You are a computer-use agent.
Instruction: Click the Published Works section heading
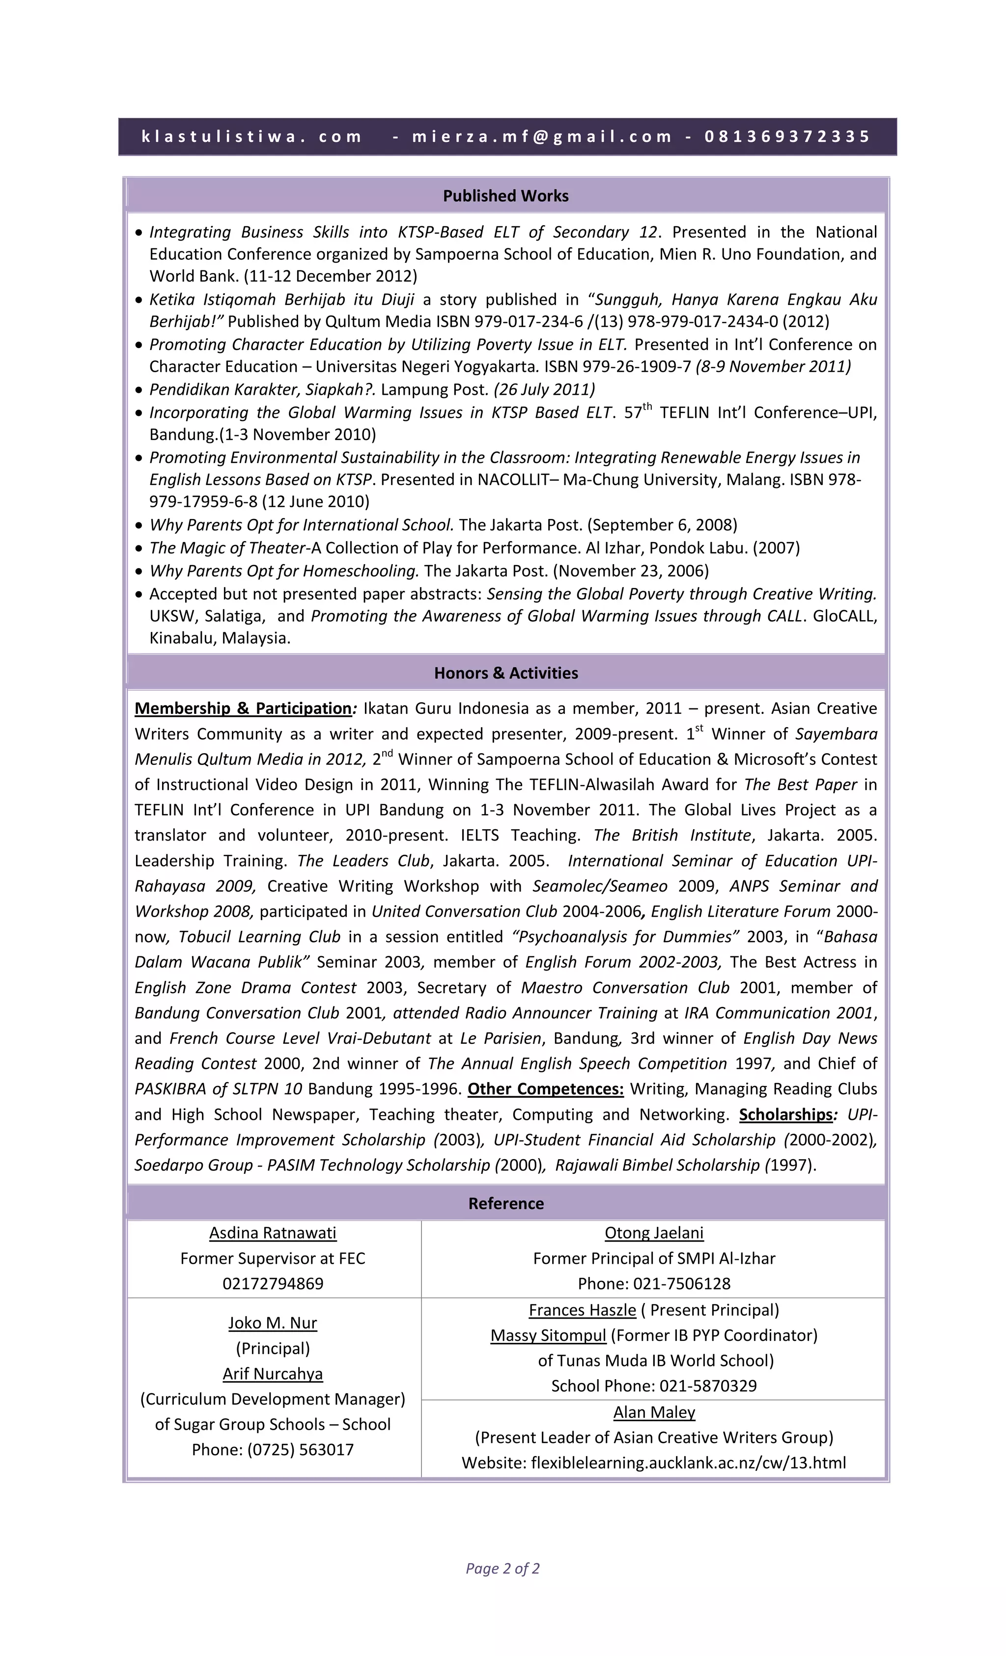(505, 196)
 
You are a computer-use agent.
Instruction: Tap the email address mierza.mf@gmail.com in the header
(542, 137)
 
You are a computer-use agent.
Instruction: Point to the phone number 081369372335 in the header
(787, 137)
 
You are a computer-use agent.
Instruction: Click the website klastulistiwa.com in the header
(251, 137)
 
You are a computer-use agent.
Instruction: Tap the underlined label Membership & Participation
(243, 708)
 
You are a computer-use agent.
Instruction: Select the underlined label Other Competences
(545, 1089)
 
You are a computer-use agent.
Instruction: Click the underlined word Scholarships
(785, 1114)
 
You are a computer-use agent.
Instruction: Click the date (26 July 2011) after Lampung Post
(544, 390)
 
